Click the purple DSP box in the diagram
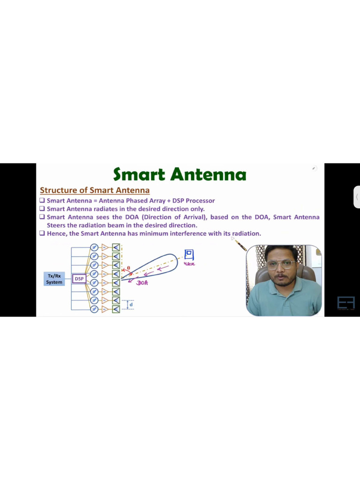click(x=79, y=279)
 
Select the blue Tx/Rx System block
click(x=54, y=279)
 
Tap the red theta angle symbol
click(x=128, y=268)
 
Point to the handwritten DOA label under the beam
click(x=142, y=283)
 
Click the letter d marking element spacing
click(x=131, y=305)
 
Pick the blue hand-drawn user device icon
click(x=189, y=255)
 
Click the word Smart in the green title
click(x=139, y=175)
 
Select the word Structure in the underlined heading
click(x=58, y=190)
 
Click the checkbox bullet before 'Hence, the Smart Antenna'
click(x=42, y=233)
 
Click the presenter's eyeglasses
click(x=281, y=264)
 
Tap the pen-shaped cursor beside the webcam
click(x=240, y=245)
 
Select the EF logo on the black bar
click(x=346, y=303)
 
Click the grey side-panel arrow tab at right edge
click(x=357, y=197)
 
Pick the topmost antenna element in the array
click(x=116, y=247)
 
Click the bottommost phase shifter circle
click(x=94, y=309)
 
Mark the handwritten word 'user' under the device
click(x=189, y=264)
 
